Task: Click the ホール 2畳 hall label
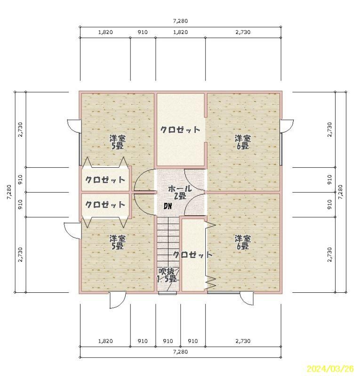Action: click(x=180, y=192)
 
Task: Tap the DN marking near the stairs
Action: click(x=168, y=206)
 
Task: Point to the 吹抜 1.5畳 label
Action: click(x=168, y=275)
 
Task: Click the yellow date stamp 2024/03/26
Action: click(x=330, y=368)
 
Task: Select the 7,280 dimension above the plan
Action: click(x=180, y=21)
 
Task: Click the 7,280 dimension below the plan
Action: click(x=180, y=352)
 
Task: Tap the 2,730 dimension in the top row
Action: click(x=243, y=32)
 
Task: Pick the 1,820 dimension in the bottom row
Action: click(x=105, y=341)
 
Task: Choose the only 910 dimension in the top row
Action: click(x=143, y=32)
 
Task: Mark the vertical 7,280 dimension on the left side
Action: click(x=9, y=192)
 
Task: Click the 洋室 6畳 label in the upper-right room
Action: click(x=243, y=142)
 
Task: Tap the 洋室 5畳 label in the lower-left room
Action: click(x=118, y=242)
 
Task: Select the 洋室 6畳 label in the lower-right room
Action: click(x=243, y=242)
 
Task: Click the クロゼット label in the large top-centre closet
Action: click(x=180, y=130)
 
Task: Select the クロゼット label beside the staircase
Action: click(x=192, y=255)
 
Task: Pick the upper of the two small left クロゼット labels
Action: click(x=105, y=180)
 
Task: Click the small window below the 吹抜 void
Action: click(x=168, y=293)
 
